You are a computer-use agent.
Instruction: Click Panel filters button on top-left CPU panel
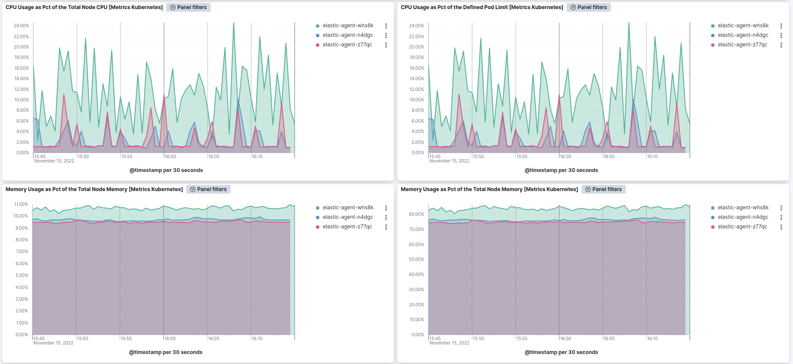click(188, 7)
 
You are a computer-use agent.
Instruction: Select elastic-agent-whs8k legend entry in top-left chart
click(348, 26)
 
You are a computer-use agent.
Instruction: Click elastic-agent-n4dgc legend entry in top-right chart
click(743, 35)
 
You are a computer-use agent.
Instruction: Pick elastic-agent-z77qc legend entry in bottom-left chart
click(347, 227)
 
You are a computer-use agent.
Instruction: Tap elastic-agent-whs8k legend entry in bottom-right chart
click(743, 208)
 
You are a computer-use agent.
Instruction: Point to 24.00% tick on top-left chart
click(21, 26)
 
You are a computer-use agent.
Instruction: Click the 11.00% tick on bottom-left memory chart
click(21, 204)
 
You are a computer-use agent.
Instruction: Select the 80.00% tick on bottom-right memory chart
click(416, 214)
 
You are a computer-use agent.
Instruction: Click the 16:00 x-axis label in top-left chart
click(170, 156)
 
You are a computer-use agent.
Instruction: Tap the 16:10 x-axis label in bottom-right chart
click(652, 338)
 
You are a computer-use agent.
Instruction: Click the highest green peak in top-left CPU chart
click(234, 23)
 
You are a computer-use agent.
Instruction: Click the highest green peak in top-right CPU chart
click(629, 23)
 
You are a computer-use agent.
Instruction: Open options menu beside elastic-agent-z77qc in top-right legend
click(781, 45)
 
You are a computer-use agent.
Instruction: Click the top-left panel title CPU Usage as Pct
click(84, 7)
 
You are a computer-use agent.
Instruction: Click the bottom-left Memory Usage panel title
click(94, 189)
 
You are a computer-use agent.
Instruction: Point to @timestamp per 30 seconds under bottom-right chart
click(561, 352)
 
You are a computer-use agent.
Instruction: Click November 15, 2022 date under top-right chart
click(449, 161)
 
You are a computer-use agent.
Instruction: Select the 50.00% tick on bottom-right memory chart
click(416, 259)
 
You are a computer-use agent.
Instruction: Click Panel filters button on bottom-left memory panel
click(208, 189)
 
